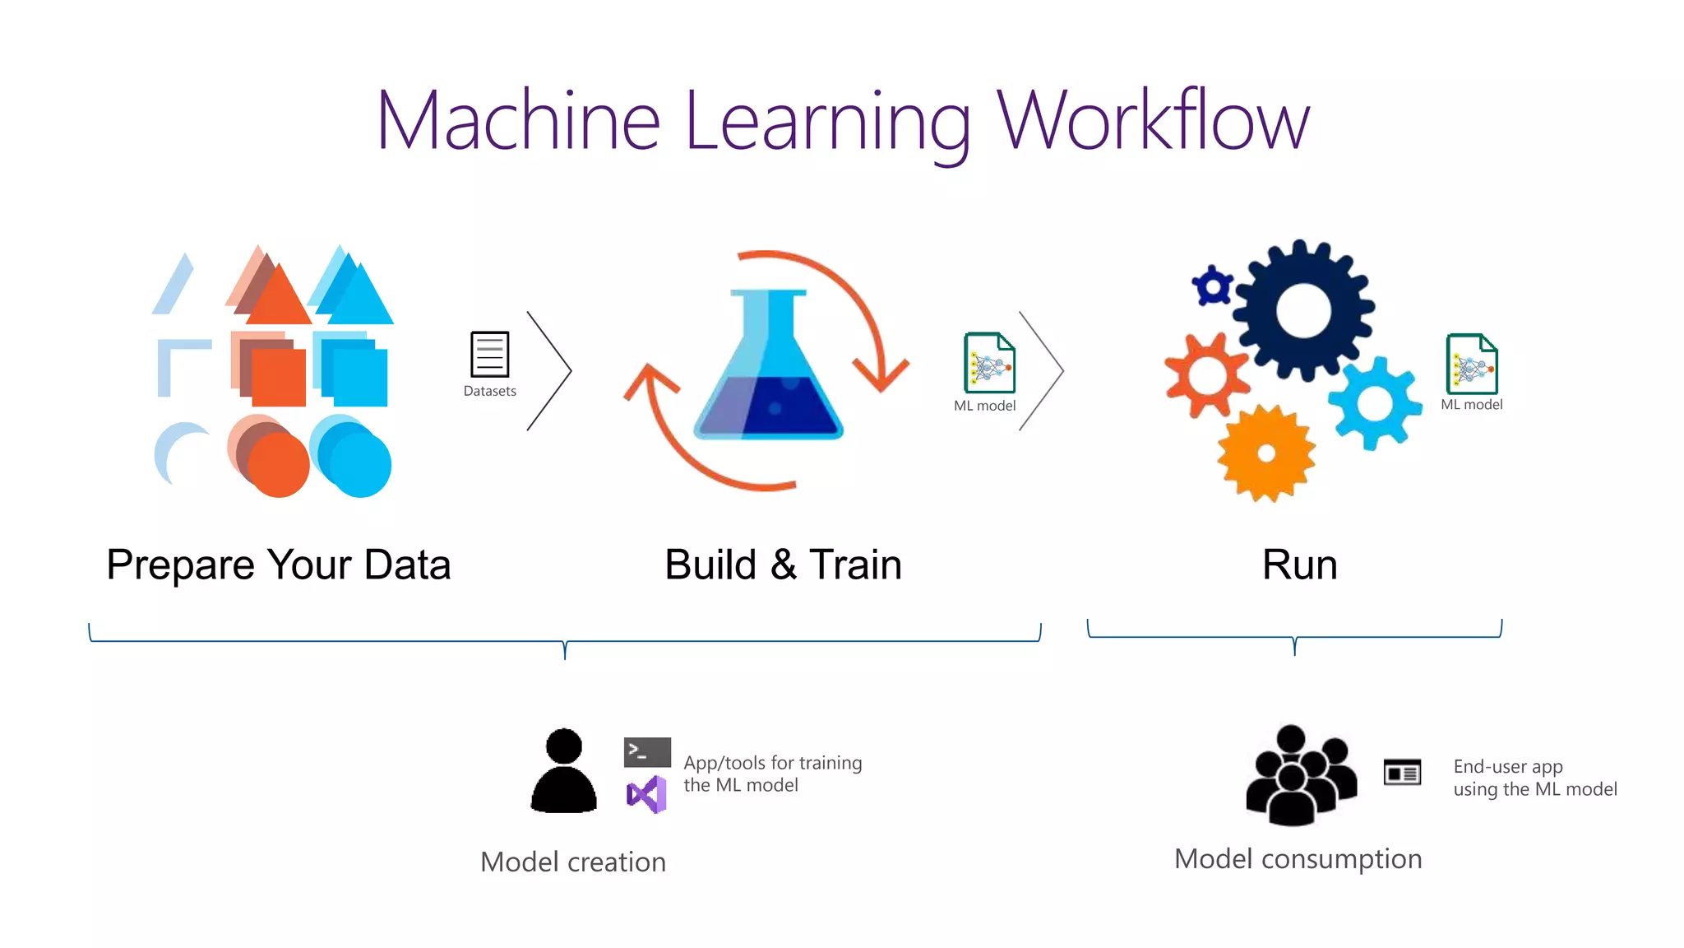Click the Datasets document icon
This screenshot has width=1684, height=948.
(489, 354)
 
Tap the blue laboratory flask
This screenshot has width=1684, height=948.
(769, 370)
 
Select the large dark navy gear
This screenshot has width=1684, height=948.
(1303, 310)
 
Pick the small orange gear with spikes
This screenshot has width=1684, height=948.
(1266, 453)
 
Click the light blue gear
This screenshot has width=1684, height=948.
(1375, 403)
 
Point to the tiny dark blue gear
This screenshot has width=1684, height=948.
(1213, 286)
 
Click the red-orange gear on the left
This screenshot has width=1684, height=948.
(1206, 375)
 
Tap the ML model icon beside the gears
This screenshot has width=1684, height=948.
(1472, 364)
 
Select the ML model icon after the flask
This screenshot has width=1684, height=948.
(989, 363)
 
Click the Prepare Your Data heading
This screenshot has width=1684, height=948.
(279, 565)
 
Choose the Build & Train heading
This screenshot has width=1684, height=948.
(783, 565)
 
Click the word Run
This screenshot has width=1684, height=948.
(1299, 565)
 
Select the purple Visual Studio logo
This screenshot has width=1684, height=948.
(646, 794)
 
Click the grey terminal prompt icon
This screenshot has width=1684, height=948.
(647, 751)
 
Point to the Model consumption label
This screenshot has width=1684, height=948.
(1298, 859)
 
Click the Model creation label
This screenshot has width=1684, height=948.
(573, 862)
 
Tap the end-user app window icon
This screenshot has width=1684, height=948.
(1402, 773)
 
